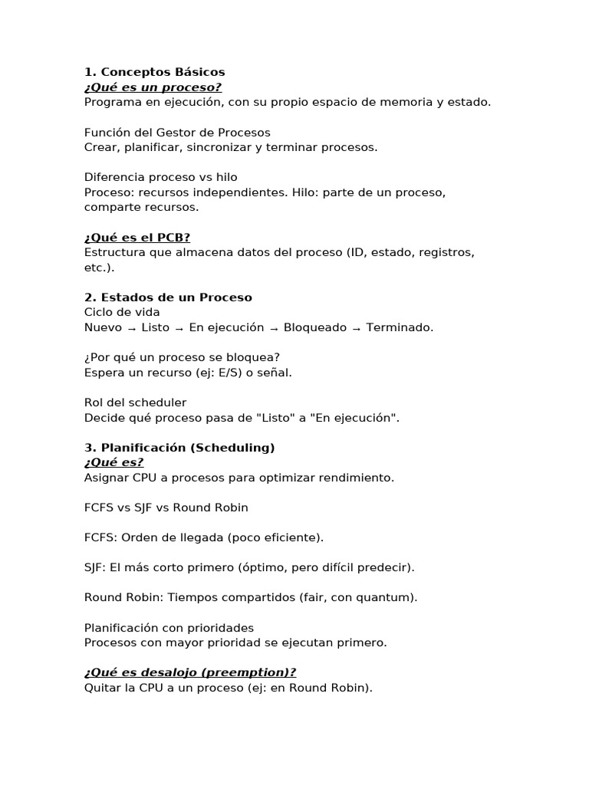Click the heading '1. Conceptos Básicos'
pyautogui.click(x=154, y=72)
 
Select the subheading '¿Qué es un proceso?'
pyautogui.click(x=153, y=87)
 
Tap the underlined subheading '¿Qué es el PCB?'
pyautogui.click(x=137, y=238)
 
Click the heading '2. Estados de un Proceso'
pyautogui.click(x=168, y=297)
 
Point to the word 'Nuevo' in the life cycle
pyautogui.click(x=103, y=327)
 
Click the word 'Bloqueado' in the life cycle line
pyautogui.click(x=315, y=327)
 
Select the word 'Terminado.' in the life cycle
pyautogui.click(x=400, y=327)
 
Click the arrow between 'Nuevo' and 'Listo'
pyautogui.click(x=132, y=328)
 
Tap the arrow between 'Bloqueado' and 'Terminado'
pyautogui.click(x=357, y=328)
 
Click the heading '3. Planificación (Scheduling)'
pyautogui.click(x=179, y=448)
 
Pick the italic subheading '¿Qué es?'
pyautogui.click(x=114, y=462)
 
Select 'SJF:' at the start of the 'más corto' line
pyautogui.click(x=95, y=567)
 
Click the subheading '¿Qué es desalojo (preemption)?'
pyautogui.click(x=190, y=672)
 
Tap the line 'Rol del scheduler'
pyautogui.click(x=135, y=402)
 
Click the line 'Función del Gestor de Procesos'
pyautogui.click(x=177, y=133)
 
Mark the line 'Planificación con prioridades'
pyautogui.click(x=169, y=628)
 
